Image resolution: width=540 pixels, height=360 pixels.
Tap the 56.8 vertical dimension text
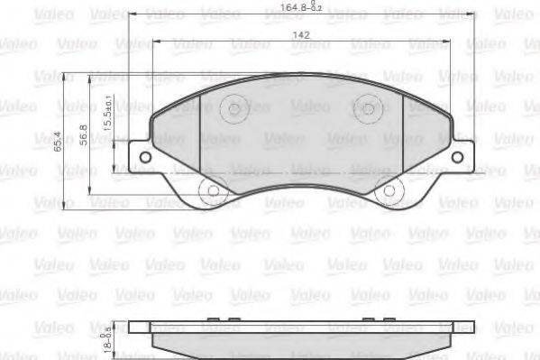click(x=82, y=133)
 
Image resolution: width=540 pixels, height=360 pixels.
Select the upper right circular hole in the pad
click(x=366, y=109)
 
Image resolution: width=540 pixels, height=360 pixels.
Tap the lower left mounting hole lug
click(x=209, y=191)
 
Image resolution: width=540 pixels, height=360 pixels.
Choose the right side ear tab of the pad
click(x=462, y=156)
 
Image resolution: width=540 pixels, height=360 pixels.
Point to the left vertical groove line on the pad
click(x=197, y=135)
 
